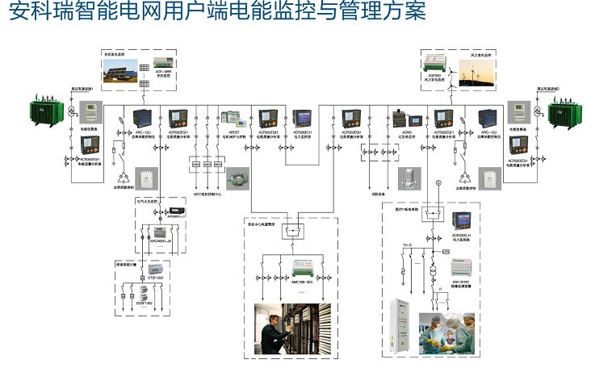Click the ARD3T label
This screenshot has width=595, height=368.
click(228, 132)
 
